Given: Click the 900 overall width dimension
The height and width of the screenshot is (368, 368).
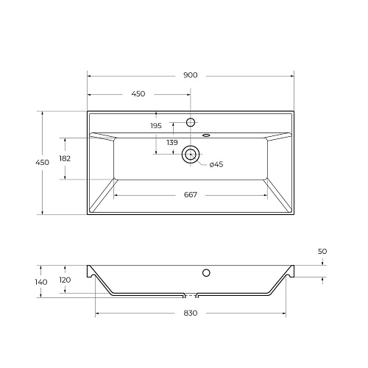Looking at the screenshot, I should click(x=191, y=75).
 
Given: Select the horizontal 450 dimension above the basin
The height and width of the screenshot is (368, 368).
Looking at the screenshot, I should click(x=138, y=94).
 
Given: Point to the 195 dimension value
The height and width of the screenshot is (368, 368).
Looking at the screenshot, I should click(x=155, y=127).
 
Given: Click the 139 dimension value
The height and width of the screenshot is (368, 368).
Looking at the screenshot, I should click(x=171, y=142).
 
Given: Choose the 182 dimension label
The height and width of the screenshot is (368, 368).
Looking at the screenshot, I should click(x=64, y=158).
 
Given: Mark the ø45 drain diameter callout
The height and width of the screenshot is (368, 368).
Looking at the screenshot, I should click(x=216, y=164).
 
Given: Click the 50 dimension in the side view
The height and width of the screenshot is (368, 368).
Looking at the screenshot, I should click(x=322, y=252).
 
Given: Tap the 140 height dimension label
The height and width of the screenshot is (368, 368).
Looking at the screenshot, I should click(x=41, y=282).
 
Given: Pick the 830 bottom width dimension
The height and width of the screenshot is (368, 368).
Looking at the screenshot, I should click(x=191, y=314).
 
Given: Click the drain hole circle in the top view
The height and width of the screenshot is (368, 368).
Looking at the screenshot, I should click(x=191, y=154).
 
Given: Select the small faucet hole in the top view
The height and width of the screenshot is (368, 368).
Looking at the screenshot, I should click(x=191, y=121).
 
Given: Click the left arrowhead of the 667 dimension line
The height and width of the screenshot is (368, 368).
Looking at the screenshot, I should click(x=116, y=195).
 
